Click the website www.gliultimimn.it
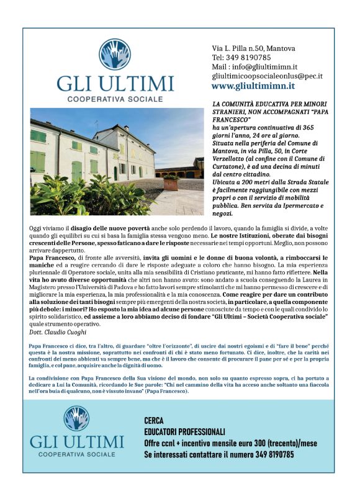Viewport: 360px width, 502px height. click(x=253, y=86)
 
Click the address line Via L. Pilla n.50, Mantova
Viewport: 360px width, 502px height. click(x=254, y=48)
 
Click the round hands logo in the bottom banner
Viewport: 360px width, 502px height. click(x=76, y=419)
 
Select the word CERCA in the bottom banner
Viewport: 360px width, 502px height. click(x=155, y=420)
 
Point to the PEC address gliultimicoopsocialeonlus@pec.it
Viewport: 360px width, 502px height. click(x=268, y=76)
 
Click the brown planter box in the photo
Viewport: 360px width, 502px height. click(x=170, y=182)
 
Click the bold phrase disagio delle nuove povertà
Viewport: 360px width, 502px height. click(x=106, y=229)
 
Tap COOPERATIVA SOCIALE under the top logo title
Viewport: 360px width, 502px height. click(x=115, y=99)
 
